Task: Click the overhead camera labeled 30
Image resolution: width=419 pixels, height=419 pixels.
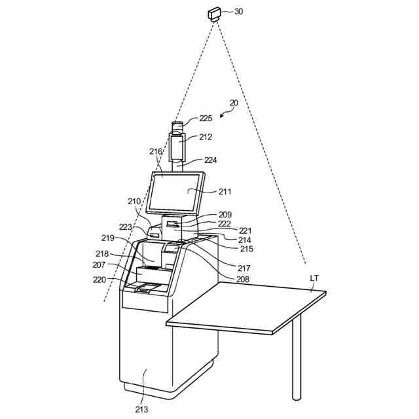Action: coord(215,14)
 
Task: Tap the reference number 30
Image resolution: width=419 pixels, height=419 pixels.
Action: coord(238,12)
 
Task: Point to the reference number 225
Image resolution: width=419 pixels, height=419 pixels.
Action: coord(206,118)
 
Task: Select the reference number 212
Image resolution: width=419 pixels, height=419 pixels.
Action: coord(206,137)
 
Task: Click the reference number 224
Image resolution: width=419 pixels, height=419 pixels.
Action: coord(210,160)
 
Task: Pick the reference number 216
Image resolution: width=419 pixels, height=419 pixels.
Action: coord(155,152)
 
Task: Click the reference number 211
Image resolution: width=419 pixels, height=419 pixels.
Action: coord(225,192)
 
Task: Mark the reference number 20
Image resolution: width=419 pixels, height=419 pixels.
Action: coord(234,103)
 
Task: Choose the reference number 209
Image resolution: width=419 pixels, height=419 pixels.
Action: coord(225,214)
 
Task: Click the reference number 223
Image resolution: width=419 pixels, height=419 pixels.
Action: coord(126,227)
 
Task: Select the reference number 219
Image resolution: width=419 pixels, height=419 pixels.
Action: coord(108,238)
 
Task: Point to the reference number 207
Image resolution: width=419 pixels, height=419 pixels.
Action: coord(100,265)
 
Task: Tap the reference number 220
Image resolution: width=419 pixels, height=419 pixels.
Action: coord(100,280)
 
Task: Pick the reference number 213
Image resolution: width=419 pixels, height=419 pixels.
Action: coord(141,410)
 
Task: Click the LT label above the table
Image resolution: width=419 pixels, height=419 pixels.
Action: coord(315,278)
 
